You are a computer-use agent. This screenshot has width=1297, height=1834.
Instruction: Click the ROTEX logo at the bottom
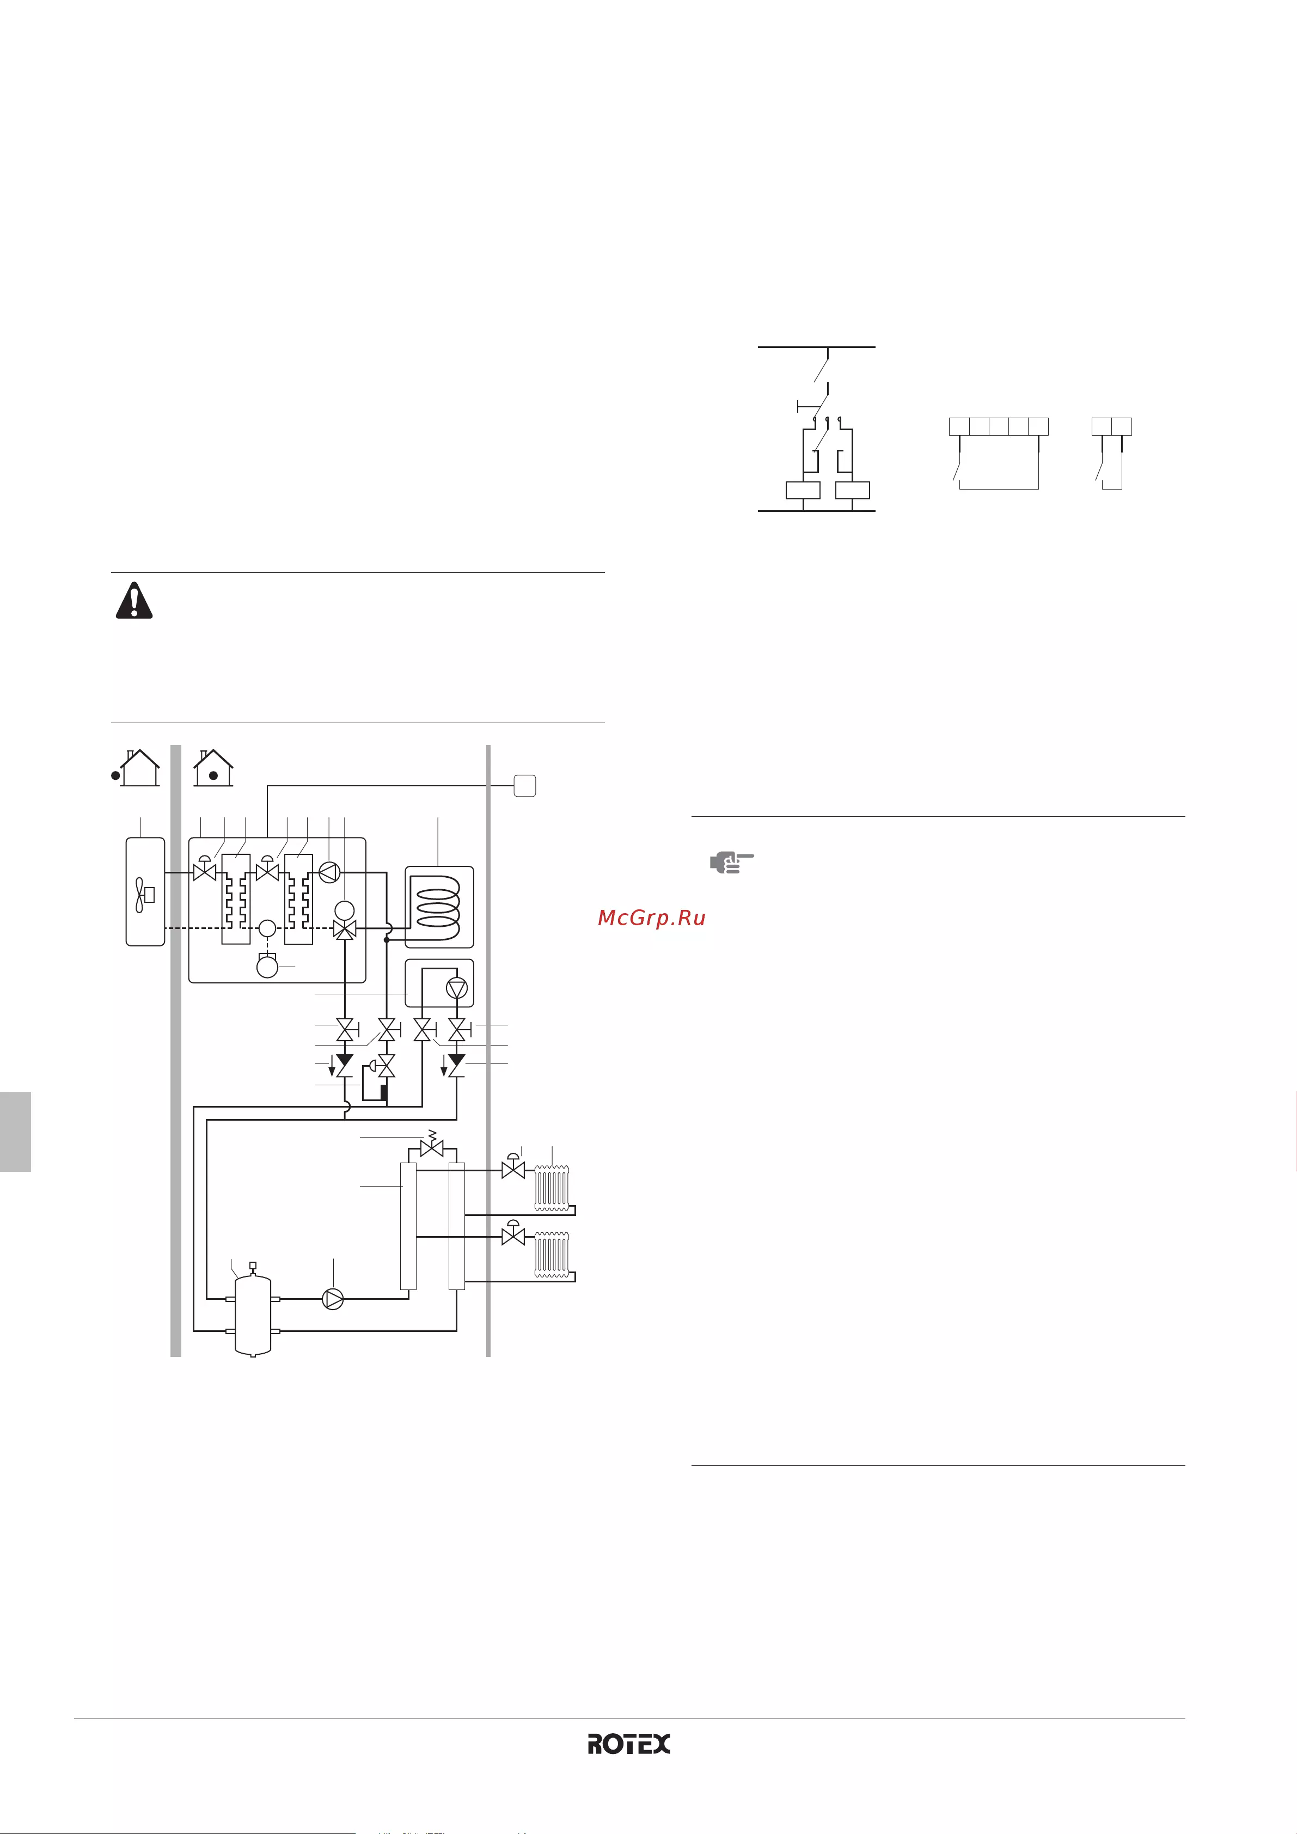point(628,1744)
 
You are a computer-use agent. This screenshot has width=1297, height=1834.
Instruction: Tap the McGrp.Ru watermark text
point(652,918)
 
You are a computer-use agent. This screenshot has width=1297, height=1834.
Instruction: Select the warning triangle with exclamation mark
point(134,600)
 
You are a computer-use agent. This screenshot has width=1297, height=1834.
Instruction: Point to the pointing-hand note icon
point(732,863)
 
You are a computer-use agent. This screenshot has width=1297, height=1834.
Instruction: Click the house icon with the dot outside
point(137,768)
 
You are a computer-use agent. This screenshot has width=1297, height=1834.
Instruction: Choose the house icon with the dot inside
point(213,768)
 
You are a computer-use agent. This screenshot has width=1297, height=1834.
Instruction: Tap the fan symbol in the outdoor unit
point(144,895)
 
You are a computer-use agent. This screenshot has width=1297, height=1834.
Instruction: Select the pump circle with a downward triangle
point(457,988)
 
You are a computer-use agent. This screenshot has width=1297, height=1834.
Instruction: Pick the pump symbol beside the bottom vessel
point(333,1299)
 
